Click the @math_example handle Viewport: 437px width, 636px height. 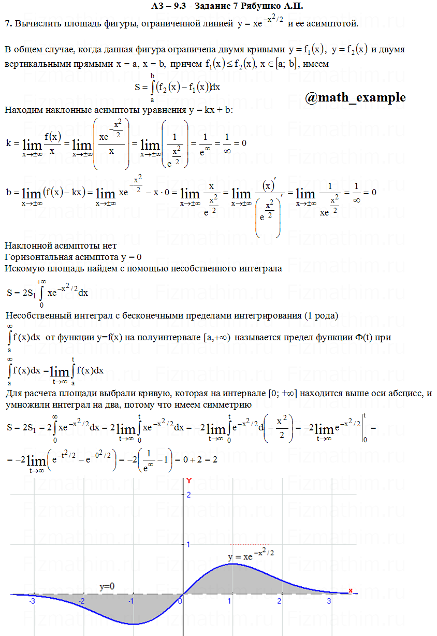[x=355, y=97]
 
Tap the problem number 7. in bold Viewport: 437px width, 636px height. [x=8, y=24]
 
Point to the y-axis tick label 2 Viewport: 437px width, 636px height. [x=188, y=495]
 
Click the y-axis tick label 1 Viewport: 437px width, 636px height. [x=188, y=544]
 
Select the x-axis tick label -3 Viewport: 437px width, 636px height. [x=32, y=601]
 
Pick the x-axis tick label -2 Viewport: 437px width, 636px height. [x=82, y=601]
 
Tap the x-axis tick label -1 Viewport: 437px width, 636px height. [x=132, y=601]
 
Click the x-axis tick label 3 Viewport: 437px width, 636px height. [x=328, y=601]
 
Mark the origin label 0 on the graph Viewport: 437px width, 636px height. [x=180, y=601]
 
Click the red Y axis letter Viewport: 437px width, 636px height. [x=189, y=481]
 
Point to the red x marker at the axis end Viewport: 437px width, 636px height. [x=351, y=590]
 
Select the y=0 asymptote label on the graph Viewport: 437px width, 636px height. [x=107, y=586]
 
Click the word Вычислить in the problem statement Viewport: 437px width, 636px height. [x=37, y=24]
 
